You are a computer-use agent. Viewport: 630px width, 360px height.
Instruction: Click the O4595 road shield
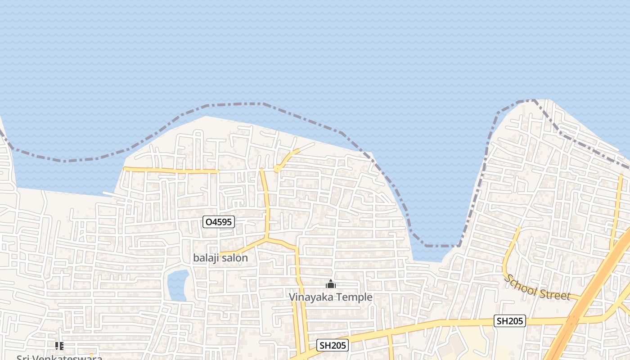(x=218, y=222)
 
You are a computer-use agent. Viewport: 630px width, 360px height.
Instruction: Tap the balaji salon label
(x=220, y=258)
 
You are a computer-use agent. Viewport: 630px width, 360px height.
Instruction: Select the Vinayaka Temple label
(x=330, y=297)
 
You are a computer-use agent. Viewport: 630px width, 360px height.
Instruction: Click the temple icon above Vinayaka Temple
(x=331, y=284)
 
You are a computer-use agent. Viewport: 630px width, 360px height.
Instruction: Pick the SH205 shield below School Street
(x=510, y=321)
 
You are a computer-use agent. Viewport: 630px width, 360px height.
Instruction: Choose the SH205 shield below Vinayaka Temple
(x=333, y=345)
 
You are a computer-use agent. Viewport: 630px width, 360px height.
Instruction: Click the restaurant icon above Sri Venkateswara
(x=59, y=346)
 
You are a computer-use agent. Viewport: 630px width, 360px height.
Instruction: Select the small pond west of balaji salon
(x=178, y=285)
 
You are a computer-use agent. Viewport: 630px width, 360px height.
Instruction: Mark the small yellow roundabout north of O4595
(x=278, y=169)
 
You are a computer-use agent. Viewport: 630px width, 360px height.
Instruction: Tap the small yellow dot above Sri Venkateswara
(x=91, y=355)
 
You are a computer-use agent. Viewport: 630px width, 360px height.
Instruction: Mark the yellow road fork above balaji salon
(x=267, y=238)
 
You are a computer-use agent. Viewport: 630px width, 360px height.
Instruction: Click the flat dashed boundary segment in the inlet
(x=442, y=246)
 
